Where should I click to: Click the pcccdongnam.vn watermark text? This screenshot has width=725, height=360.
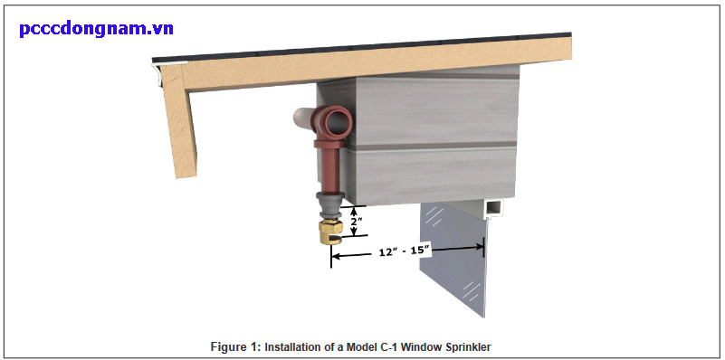pos(96,28)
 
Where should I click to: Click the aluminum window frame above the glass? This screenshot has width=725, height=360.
pos(492,209)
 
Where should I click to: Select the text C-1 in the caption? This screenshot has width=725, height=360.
pos(388,346)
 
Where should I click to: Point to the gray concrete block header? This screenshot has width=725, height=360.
pos(425,136)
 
